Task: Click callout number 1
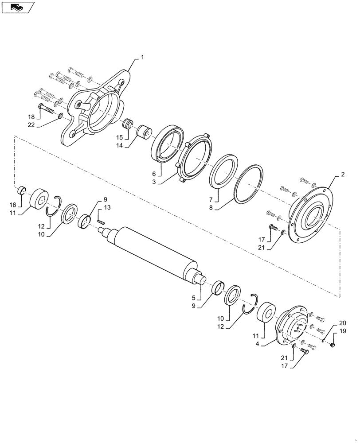coord(143,57)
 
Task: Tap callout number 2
coord(342,175)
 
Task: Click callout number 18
coord(31,117)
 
